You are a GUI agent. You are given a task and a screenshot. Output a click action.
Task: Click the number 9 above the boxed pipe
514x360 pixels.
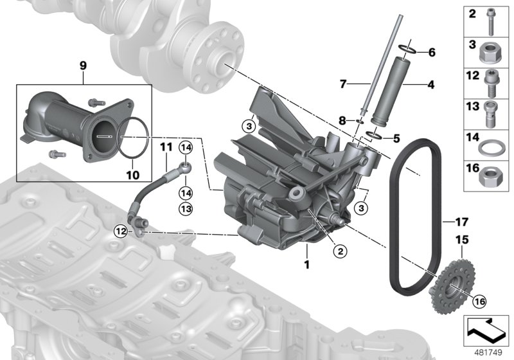82,64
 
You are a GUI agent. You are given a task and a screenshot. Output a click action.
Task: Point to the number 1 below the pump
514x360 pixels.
306,264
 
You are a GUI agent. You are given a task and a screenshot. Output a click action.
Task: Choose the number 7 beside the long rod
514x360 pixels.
342,84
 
